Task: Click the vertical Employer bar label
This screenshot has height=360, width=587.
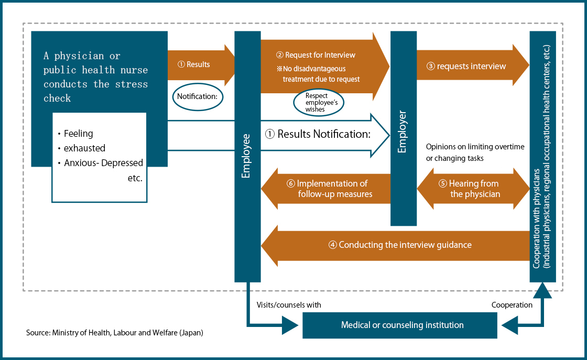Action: click(403, 131)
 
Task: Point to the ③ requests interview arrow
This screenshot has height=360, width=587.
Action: click(466, 66)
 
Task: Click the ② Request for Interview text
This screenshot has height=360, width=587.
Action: click(316, 55)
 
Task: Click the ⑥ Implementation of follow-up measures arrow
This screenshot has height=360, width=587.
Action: click(332, 189)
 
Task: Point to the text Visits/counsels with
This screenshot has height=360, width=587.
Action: click(289, 304)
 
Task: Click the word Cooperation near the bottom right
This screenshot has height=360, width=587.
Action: click(512, 304)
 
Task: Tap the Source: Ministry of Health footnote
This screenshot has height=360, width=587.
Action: click(114, 333)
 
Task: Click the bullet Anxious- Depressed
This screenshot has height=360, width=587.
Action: click(103, 163)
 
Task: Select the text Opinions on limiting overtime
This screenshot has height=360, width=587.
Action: click(475, 147)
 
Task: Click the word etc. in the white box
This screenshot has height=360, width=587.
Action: click(134, 178)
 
